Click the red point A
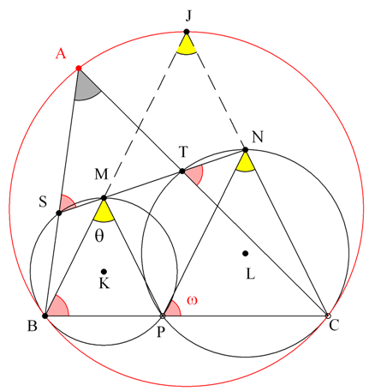point(79,69)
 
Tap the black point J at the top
point(187,32)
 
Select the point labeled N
point(245,149)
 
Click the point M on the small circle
point(104,198)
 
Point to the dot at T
point(182,171)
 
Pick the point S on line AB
point(59,213)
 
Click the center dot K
point(104,271)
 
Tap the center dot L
point(245,253)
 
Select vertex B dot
point(45,316)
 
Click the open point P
point(163,316)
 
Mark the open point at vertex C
point(328,316)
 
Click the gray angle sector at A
point(85,88)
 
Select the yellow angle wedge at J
point(187,46)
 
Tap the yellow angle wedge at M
point(104,214)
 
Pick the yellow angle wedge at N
point(245,164)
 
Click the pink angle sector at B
point(58,308)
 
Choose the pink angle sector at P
point(173,310)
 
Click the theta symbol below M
point(99,236)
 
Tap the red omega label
point(192,300)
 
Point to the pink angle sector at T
point(194,174)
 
